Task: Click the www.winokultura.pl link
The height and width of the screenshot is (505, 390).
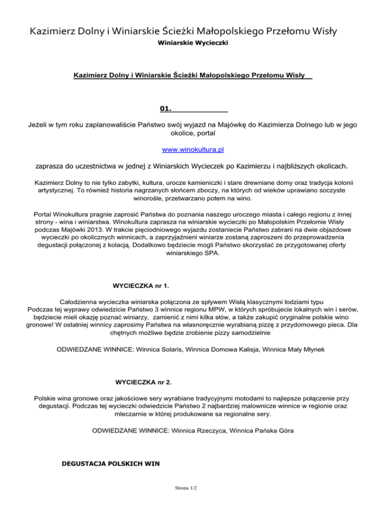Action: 192,150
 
